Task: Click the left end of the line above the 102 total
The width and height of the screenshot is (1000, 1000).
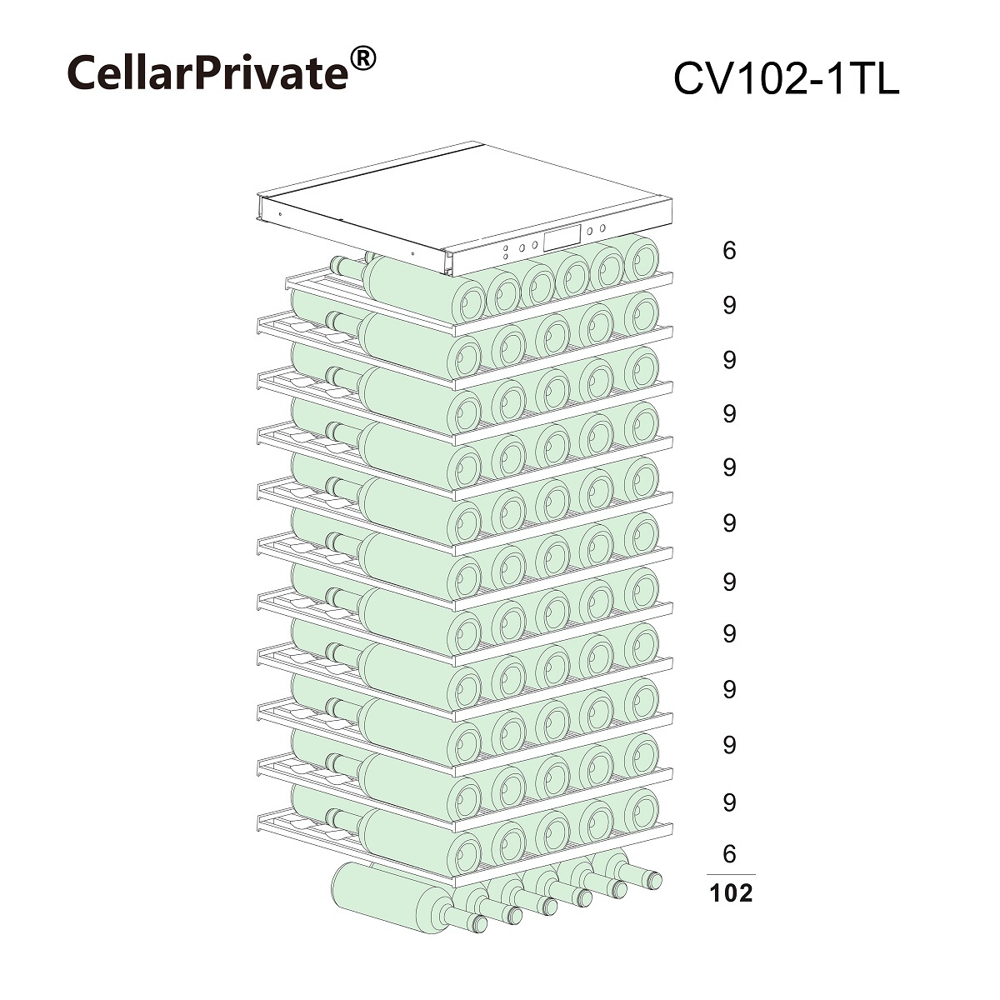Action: (x=707, y=874)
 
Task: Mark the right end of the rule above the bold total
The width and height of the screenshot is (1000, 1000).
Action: (x=756, y=874)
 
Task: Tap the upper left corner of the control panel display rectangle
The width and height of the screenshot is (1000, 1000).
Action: (x=544, y=236)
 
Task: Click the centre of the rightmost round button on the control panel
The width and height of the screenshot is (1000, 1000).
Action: (x=602, y=227)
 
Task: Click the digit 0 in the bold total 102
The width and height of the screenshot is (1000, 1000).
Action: (x=731, y=893)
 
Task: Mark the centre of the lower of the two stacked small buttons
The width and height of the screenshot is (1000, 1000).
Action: (x=506, y=257)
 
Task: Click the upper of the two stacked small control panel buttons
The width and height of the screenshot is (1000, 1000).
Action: (x=505, y=248)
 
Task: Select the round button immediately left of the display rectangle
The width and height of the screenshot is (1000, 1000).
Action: (x=534, y=244)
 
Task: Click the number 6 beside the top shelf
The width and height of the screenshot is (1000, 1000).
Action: (x=729, y=251)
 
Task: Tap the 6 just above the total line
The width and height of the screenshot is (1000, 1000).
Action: (x=729, y=854)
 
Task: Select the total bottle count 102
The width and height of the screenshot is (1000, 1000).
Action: (x=731, y=893)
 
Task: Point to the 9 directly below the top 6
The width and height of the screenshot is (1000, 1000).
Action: (x=729, y=306)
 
